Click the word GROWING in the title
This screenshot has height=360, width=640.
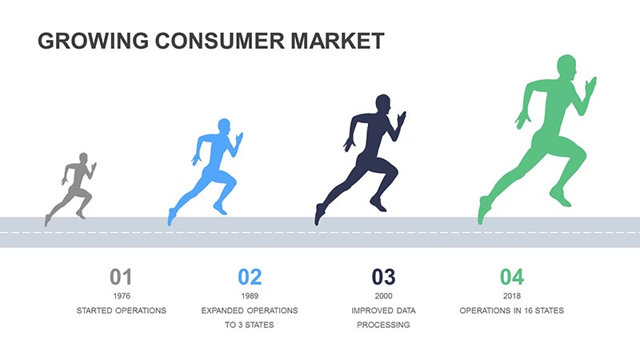94,41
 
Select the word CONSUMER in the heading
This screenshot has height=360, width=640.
219,41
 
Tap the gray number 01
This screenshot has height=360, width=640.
121,277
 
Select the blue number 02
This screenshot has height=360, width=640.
250,277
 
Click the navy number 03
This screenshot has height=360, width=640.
383,277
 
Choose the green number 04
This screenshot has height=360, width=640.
512,277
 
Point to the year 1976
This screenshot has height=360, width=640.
122,296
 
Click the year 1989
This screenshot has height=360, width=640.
250,296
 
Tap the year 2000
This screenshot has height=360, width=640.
383,296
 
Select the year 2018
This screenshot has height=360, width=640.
512,296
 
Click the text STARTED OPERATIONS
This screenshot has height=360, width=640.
122,310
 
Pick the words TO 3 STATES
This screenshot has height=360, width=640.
250,325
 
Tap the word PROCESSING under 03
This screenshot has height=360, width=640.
383,325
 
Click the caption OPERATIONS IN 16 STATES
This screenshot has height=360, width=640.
512,310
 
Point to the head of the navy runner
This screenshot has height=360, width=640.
383,104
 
